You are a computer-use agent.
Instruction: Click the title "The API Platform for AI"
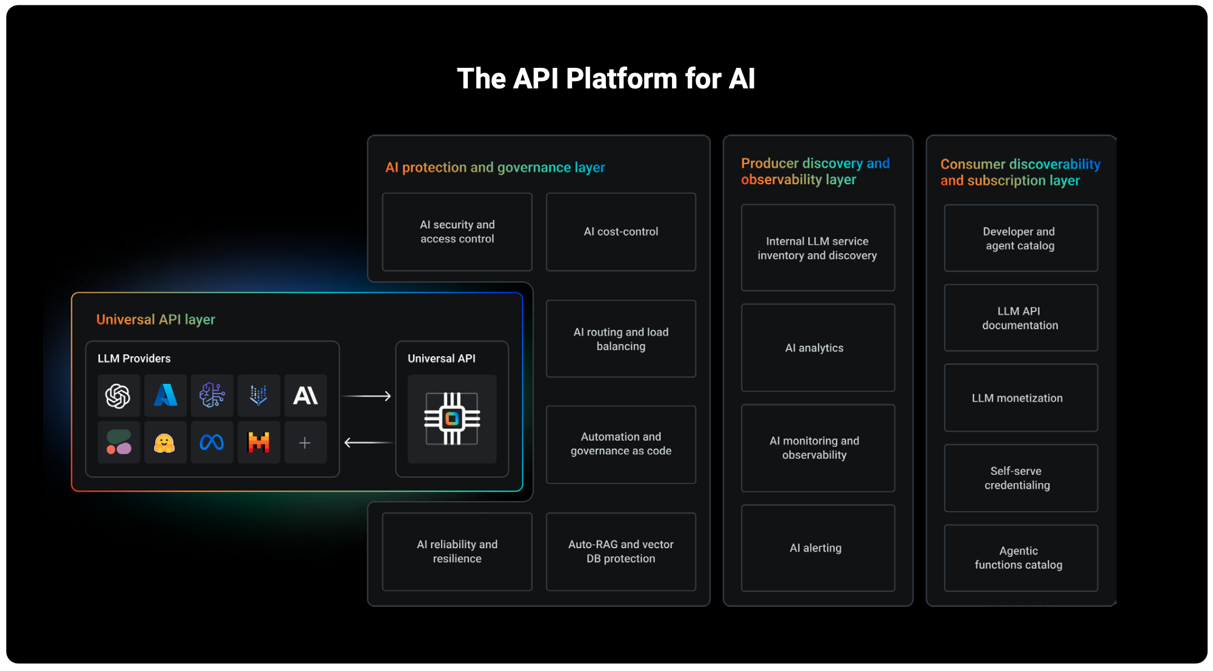(606, 79)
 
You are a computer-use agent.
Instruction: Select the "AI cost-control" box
(620, 232)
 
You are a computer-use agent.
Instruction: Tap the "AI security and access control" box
(457, 232)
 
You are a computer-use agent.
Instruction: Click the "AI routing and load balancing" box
(620, 339)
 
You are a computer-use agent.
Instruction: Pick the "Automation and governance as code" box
(620, 444)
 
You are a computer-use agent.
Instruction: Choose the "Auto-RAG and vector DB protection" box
(620, 552)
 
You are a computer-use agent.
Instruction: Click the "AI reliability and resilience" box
(457, 552)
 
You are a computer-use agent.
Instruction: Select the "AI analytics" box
(817, 348)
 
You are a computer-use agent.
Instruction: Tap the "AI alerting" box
(817, 548)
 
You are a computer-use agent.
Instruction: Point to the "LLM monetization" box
(1020, 398)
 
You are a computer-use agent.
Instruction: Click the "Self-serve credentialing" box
(1020, 478)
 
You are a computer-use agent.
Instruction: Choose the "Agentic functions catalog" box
(1020, 558)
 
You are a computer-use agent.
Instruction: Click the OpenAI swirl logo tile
(118, 396)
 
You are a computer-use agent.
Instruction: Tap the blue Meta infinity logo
(211, 443)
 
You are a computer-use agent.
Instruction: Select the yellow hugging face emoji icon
(165, 443)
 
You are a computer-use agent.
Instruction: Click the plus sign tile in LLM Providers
(305, 443)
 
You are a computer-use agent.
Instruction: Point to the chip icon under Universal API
(452, 418)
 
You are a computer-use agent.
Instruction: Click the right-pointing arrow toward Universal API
(367, 396)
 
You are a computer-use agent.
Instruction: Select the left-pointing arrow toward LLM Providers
(367, 443)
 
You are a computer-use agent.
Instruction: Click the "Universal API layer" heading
(156, 319)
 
